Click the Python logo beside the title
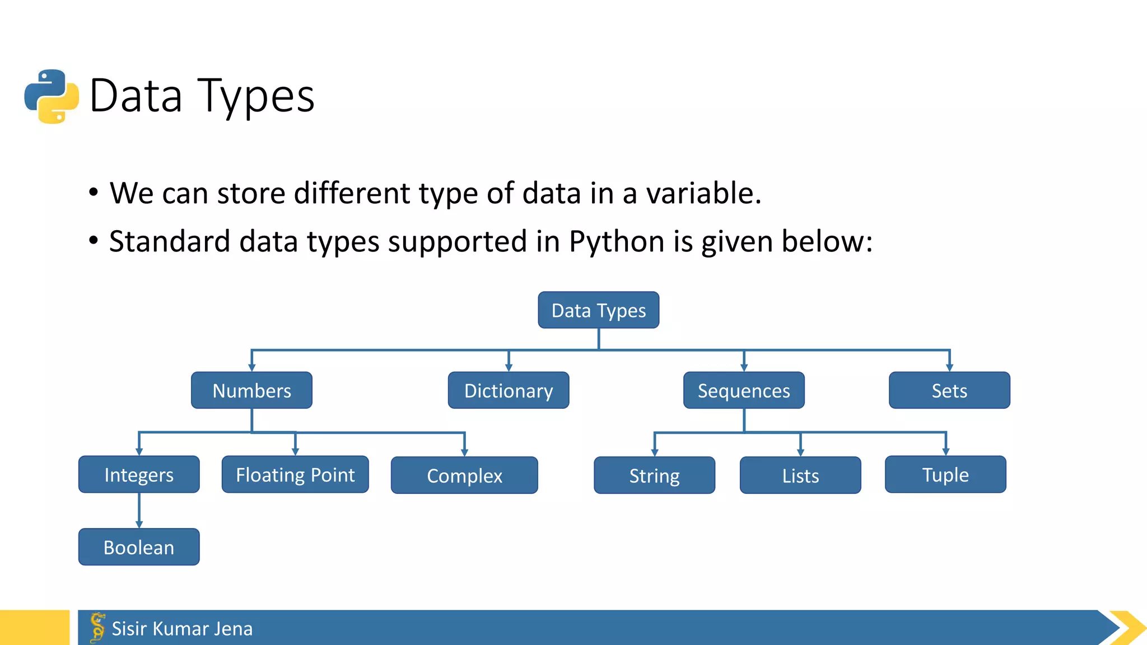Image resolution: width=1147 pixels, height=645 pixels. (52, 96)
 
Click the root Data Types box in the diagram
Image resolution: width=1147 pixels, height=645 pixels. (598, 310)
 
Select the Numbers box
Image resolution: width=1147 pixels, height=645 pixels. (251, 390)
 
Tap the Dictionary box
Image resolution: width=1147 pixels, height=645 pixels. (508, 390)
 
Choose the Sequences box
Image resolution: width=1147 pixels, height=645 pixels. (743, 390)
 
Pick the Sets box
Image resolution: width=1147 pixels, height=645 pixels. (949, 390)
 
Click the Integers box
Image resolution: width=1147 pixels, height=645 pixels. (139, 474)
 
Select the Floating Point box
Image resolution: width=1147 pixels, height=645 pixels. (295, 474)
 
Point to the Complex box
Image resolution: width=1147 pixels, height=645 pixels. (464, 475)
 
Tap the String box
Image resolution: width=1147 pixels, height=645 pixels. (654, 475)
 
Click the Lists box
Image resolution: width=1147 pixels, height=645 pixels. (800, 475)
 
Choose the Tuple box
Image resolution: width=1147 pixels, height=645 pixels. (945, 474)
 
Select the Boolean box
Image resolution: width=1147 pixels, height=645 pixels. (139, 547)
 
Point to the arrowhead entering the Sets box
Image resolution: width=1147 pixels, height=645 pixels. (949, 367)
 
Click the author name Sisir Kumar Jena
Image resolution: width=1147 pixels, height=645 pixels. (182, 628)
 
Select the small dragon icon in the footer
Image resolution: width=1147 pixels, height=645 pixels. (97, 627)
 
